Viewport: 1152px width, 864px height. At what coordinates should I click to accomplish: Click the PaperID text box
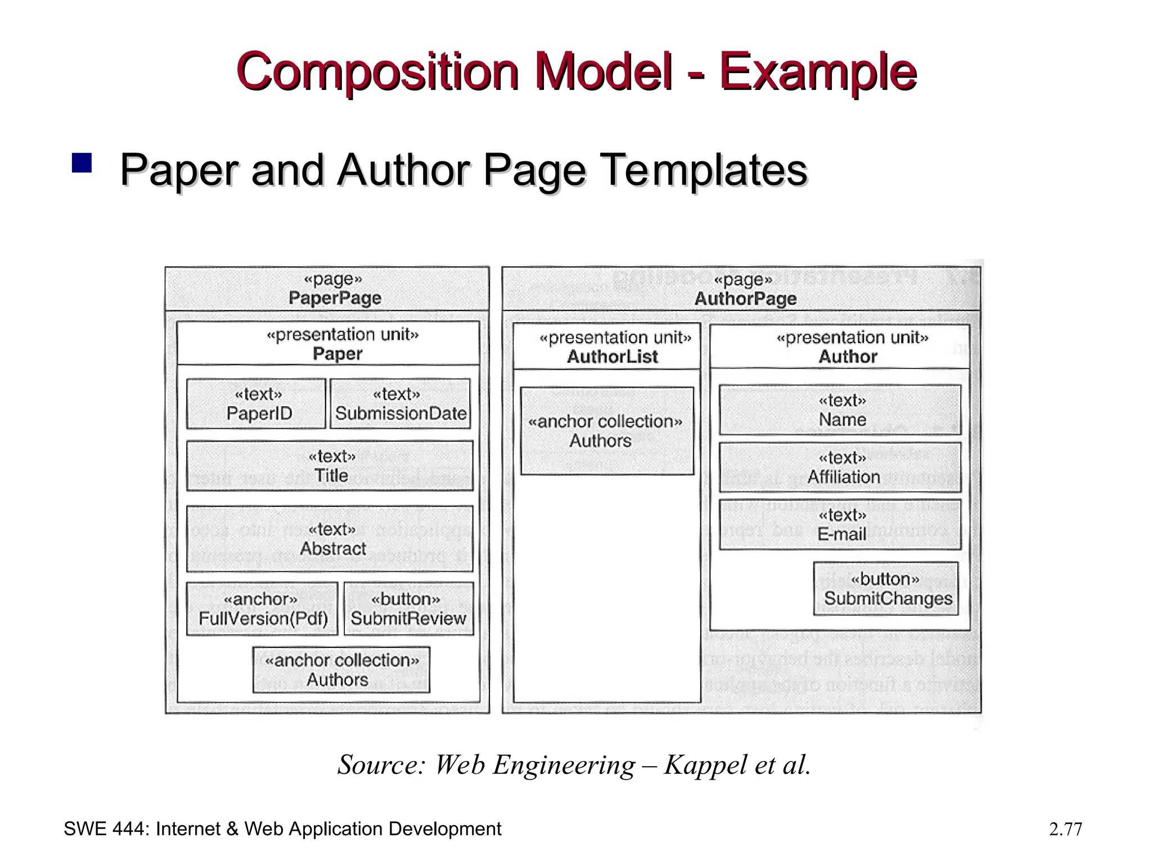256,404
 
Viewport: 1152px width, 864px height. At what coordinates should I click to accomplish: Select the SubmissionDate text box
400,404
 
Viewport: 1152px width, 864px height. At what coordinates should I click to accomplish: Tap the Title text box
330,466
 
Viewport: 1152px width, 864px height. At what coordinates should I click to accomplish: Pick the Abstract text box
330,539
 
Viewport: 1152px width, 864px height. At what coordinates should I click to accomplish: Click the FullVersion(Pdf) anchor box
262,609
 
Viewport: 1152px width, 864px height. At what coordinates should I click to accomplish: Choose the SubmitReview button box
408,609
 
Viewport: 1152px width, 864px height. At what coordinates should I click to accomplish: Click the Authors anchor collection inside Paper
341,669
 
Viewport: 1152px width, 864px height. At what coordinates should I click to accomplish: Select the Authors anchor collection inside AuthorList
606,431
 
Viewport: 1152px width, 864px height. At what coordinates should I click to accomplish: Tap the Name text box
840,410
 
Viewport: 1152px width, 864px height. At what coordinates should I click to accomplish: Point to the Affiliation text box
840,467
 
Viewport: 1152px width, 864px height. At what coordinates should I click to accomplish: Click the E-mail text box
840,525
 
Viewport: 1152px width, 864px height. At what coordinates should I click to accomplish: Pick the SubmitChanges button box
885,588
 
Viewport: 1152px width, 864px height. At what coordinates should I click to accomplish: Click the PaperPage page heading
335,298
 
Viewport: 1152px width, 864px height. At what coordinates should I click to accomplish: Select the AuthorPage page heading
745,298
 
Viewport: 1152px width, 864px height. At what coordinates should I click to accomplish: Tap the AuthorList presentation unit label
612,356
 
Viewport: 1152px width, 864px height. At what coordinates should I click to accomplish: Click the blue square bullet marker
82,163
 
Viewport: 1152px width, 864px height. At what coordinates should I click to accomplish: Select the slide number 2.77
1065,829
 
